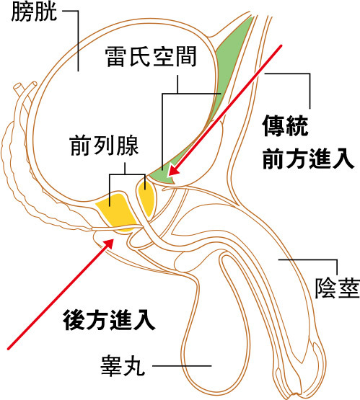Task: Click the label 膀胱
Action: coord(34,12)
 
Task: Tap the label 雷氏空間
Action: coord(151,57)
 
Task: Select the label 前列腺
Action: coord(104,146)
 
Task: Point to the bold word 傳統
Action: coord(285,125)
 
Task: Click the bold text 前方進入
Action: coord(308,159)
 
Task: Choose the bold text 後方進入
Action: coord(109,320)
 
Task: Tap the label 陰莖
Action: coord(337,288)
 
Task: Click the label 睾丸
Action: coord(123,366)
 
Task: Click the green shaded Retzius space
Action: coord(224,84)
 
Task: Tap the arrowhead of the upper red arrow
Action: coord(174,170)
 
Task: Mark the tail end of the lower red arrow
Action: coord(9,349)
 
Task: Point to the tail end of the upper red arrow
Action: coord(281,45)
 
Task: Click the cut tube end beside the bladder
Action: coord(17,86)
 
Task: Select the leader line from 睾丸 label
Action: coord(182,366)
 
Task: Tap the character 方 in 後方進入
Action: coord(97,320)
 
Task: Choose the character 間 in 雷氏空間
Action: coord(186,57)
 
